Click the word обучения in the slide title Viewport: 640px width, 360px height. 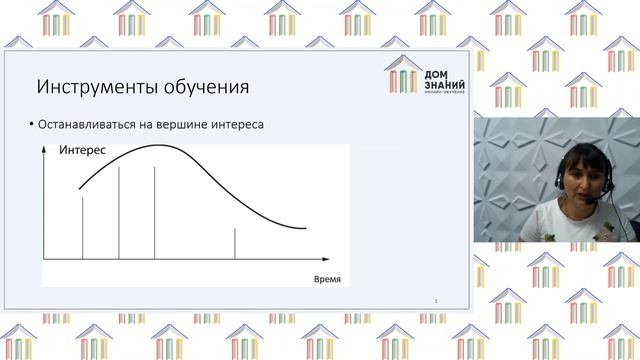200,86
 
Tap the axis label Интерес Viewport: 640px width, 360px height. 84,151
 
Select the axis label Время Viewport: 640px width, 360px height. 327,278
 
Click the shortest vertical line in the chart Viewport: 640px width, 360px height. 235,244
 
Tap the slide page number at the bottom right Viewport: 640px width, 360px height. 436,299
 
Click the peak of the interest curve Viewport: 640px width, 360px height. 158,147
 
